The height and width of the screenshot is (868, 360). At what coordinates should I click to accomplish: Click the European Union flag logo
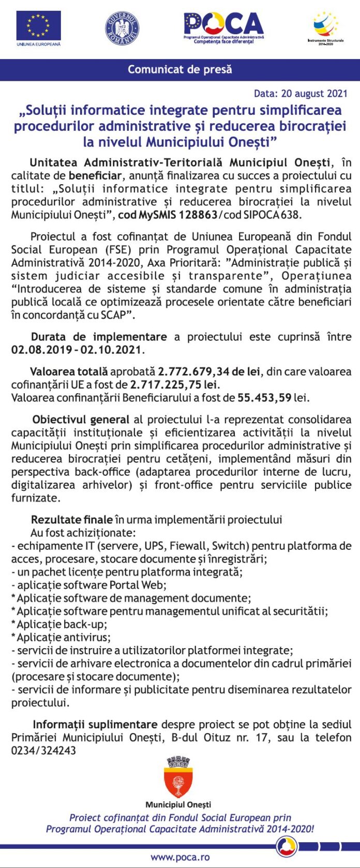(x=38, y=25)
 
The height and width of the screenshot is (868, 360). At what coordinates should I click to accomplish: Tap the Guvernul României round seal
(x=122, y=28)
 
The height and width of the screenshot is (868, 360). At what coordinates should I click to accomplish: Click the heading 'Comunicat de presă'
(x=180, y=69)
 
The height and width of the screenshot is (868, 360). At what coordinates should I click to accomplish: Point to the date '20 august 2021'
(x=314, y=94)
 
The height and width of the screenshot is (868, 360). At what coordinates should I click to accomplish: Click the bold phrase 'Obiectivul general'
(x=80, y=420)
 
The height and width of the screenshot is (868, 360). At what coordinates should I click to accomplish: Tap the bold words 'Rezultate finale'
(x=71, y=520)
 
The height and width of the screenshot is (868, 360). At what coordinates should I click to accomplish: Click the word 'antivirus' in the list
(x=86, y=637)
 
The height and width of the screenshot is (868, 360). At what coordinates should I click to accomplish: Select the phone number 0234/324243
(x=43, y=750)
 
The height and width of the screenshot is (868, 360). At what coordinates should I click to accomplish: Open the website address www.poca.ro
(x=179, y=857)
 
